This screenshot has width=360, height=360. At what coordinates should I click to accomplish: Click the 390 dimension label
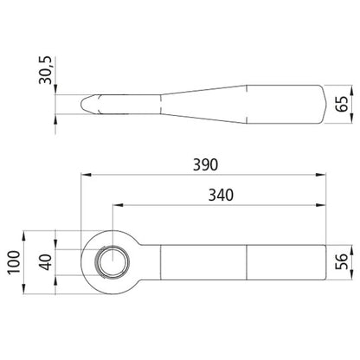pyautogui.click(x=205, y=164)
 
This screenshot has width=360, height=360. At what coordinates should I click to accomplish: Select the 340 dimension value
pyautogui.click(x=221, y=195)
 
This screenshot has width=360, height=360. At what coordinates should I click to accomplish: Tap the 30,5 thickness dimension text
pyautogui.click(x=45, y=70)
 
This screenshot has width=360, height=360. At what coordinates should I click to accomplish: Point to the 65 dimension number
pyautogui.click(x=342, y=104)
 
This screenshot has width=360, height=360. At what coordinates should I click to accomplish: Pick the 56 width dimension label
pyautogui.click(x=342, y=261)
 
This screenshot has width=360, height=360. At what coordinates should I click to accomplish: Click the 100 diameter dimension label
pyautogui.click(x=14, y=262)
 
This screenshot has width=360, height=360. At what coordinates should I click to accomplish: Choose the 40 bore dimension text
pyautogui.click(x=46, y=262)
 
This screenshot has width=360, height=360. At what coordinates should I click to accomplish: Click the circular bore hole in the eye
pyautogui.click(x=112, y=262)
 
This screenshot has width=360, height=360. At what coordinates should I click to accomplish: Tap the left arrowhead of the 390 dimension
pyautogui.click(x=86, y=175)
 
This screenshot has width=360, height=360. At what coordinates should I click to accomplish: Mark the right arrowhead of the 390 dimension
pyautogui.click(x=321, y=175)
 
